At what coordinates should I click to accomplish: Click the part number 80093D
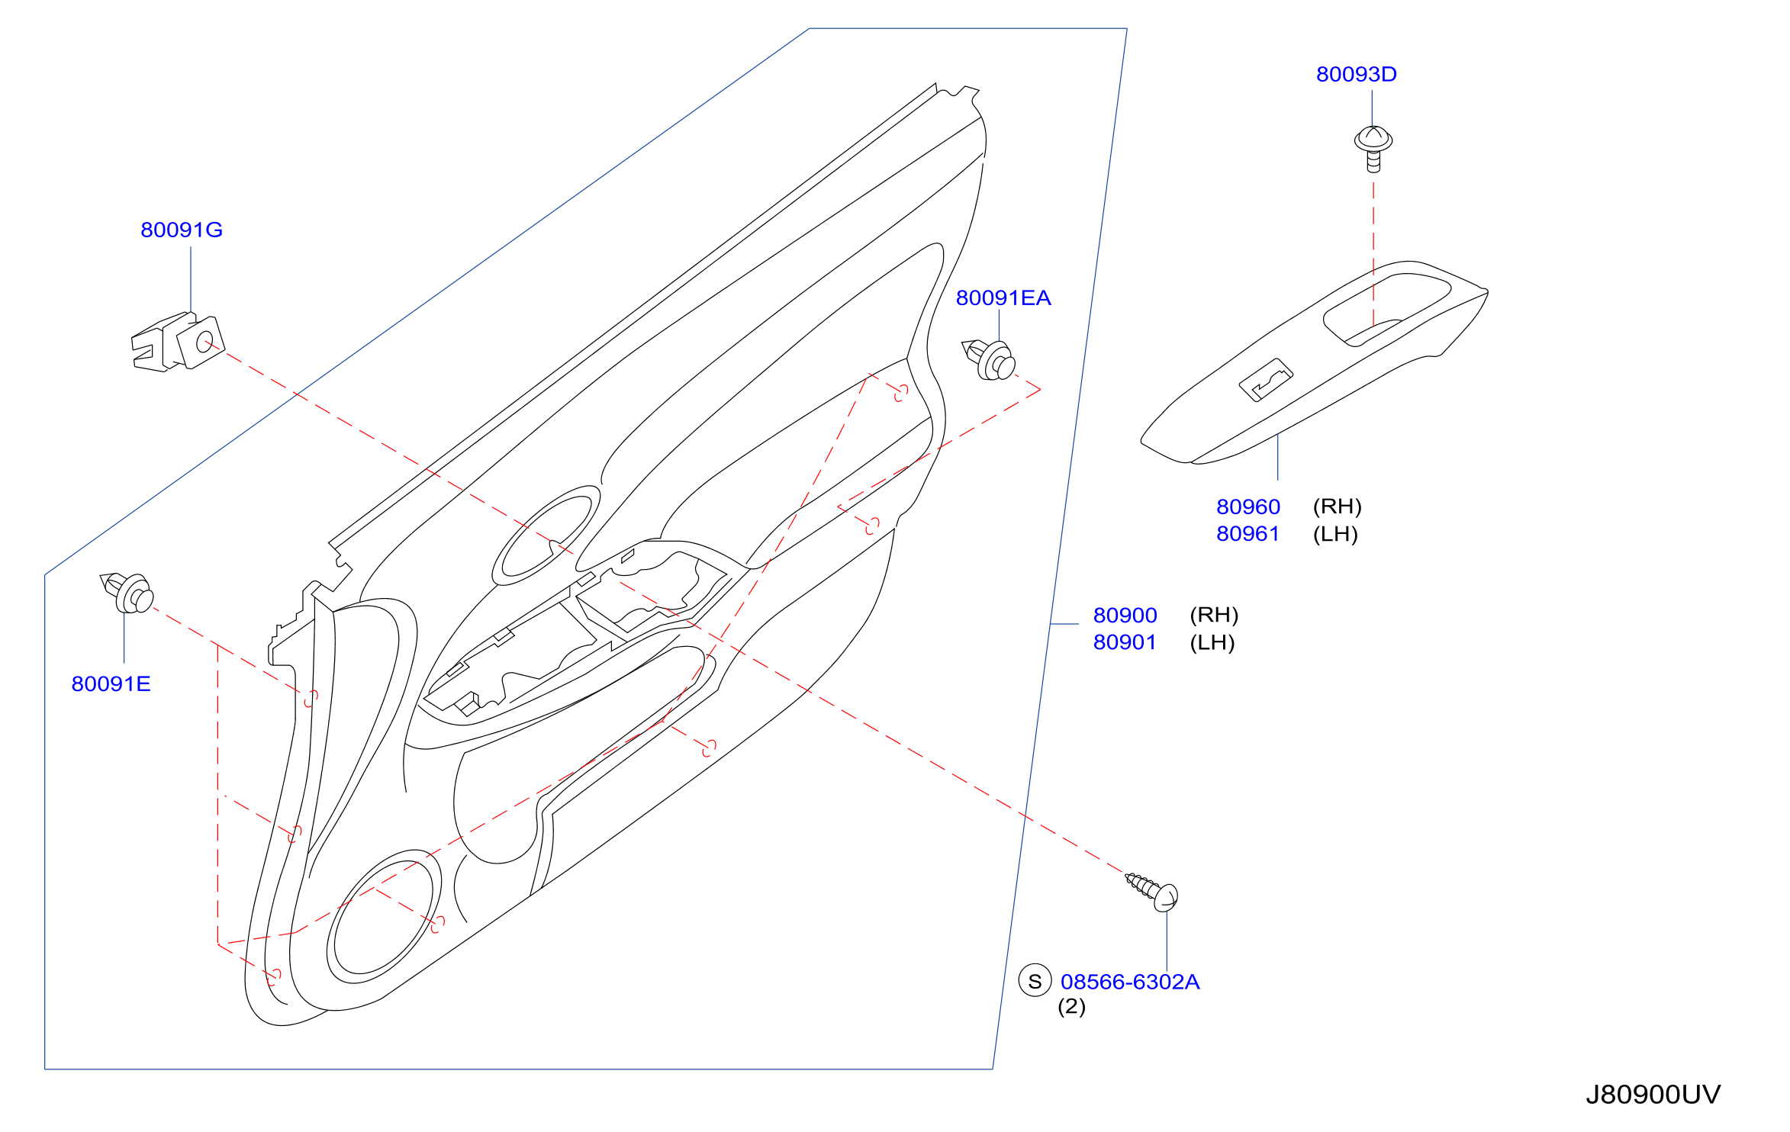[1356, 74]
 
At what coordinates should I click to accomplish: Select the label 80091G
[182, 230]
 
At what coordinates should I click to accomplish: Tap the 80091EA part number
[1003, 297]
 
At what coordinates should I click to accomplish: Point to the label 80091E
[111, 683]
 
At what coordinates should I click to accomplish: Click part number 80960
[1248, 507]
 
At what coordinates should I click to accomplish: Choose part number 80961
[1248, 533]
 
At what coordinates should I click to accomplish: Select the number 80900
[1125, 615]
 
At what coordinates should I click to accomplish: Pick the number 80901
[1125, 642]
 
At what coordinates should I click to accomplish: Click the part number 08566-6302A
[1130, 982]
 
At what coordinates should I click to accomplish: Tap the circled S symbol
[1035, 980]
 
